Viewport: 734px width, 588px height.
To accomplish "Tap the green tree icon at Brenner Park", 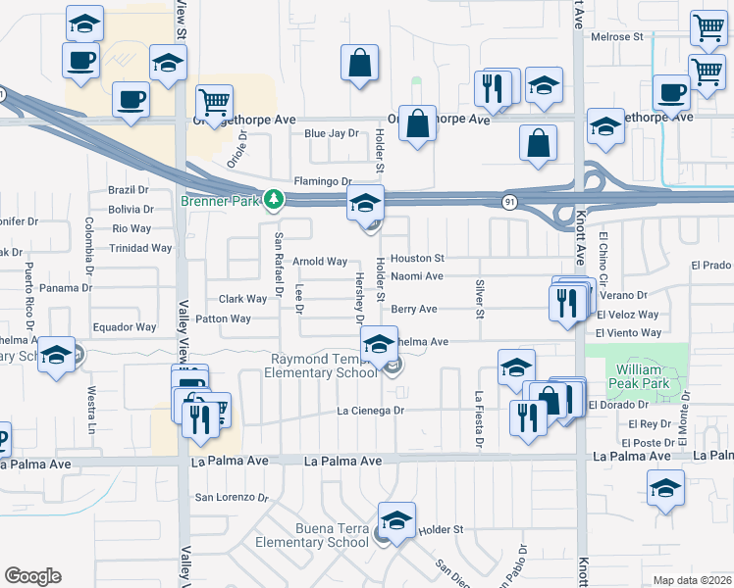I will pyautogui.click(x=275, y=199).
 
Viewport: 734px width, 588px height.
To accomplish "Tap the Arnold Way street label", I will pyautogui.click(x=320, y=262).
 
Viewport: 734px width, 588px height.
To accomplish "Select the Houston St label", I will pyautogui.click(x=418, y=259).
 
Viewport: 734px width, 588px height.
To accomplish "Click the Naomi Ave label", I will pyautogui.click(x=417, y=276).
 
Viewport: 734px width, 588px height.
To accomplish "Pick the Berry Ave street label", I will pyautogui.click(x=413, y=309).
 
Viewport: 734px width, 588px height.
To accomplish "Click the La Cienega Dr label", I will pyautogui.click(x=371, y=411).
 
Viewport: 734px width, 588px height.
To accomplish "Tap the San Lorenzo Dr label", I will pyautogui.click(x=232, y=497).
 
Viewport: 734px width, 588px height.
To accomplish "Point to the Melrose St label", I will pyautogui.click(x=616, y=37).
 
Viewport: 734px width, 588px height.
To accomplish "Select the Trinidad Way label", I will pyautogui.click(x=141, y=248).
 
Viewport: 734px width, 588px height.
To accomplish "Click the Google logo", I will pyautogui.click(x=32, y=576).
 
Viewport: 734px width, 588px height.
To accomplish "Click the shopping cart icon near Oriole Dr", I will pyautogui.click(x=213, y=101).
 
